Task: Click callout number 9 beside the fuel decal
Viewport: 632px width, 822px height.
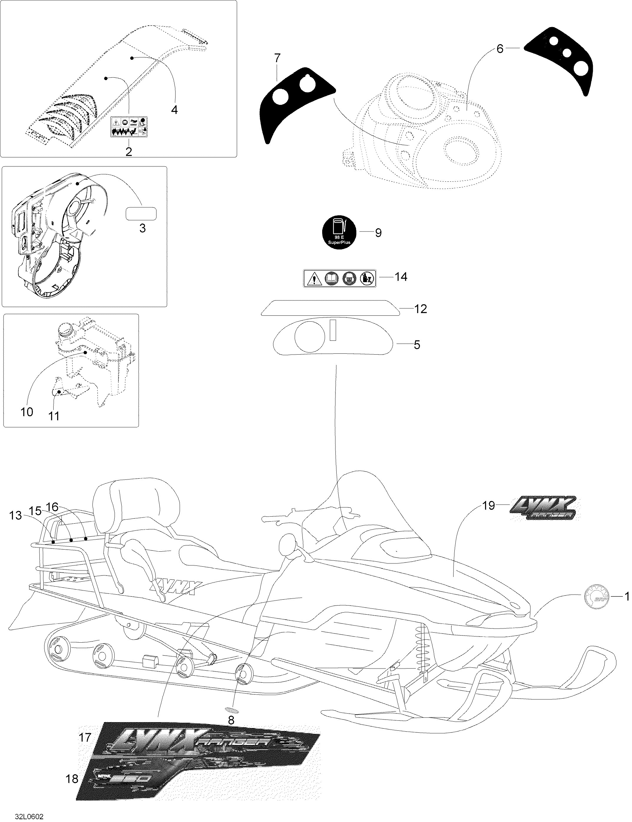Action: click(378, 233)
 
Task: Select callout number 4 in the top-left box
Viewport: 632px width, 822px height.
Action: click(174, 110)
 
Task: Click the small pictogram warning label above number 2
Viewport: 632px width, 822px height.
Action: click(129, 126)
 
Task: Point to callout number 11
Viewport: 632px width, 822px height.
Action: click(54, 416)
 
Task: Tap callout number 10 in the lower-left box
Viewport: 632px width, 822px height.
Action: click(27, 412)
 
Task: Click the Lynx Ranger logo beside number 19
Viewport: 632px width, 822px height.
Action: click(545, 509)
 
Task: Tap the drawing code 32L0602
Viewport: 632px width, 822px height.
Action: click(29, 813)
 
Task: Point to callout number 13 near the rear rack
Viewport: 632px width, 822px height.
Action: click(16, 515)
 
